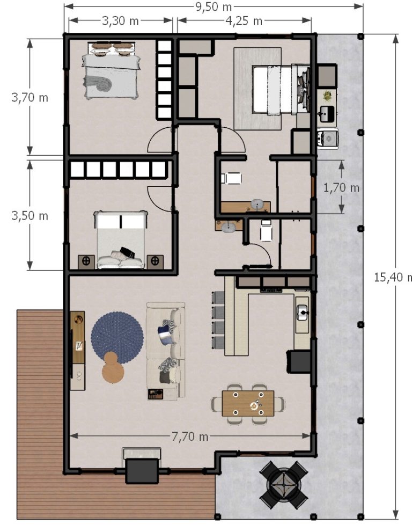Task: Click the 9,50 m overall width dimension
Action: click(214, 6)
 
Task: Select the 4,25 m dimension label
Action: click(244, 20)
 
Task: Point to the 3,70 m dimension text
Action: click(30, 98)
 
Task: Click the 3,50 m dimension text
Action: click(30, 215)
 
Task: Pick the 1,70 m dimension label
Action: click(341, 187)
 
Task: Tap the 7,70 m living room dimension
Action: click(190, 436)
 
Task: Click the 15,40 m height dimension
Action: click(393, 277)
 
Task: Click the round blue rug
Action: click(117, 338)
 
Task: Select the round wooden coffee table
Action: click(113, 368)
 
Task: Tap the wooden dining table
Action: click(248, 403)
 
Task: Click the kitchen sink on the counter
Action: click(302, 312)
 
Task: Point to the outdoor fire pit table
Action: click(283, 485)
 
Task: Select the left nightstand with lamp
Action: click(86, 262)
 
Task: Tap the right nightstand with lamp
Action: click(155, 262)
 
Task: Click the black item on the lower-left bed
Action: click(128, 252)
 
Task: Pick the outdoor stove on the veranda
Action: click(327, 138)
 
